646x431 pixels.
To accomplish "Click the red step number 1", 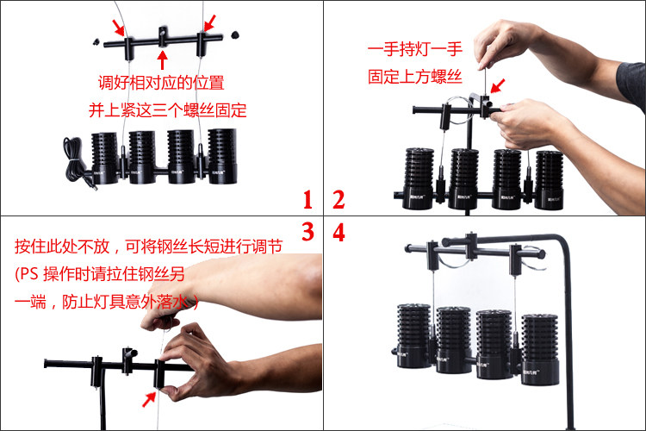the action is pos(307,200).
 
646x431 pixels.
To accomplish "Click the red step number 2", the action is pos(339,200).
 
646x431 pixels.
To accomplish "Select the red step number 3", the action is pos(307,232).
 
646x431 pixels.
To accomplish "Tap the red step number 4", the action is pos(339,232).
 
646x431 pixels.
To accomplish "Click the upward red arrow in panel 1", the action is pos(162,59).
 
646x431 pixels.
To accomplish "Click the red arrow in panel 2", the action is pos(498,86).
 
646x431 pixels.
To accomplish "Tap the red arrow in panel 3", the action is pos(149,399).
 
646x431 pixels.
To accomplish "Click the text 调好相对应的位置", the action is pos(161,83).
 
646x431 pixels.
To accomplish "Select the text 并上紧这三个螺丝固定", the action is pos(167,110).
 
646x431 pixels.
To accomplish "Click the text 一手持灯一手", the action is pos(415,49).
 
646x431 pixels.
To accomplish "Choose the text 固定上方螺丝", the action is pos(415,77).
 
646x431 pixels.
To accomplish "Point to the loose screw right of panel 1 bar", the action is pos(235,34).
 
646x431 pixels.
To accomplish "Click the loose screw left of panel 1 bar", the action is pos(96,41).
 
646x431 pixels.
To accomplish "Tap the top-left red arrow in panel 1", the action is pos(119,28).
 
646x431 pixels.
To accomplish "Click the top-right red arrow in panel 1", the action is pos(209,23).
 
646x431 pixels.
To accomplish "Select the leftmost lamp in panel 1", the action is pos(104,159).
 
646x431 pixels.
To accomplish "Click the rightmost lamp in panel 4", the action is pos(540,350).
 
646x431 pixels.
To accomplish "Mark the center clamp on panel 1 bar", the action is pos(163,37).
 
